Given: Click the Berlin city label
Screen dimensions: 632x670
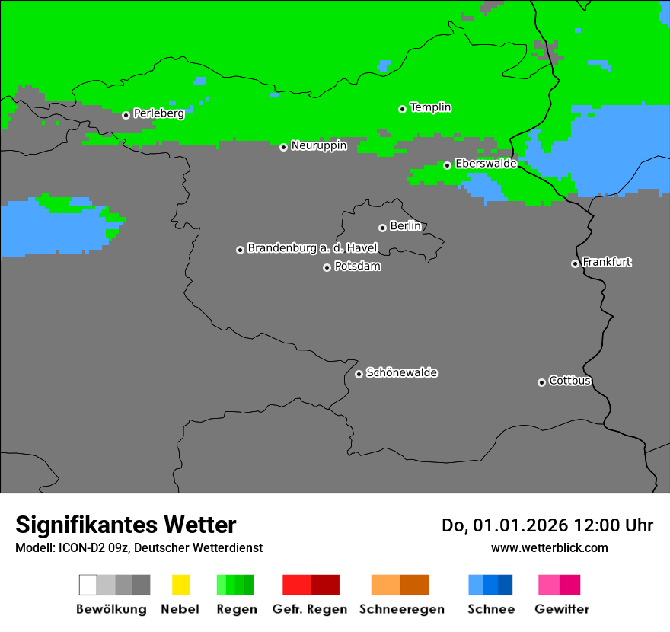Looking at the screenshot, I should pos(405,226).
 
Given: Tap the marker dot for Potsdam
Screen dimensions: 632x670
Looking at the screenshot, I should pos(327,267).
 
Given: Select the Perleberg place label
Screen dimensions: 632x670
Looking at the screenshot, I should pos(158,113).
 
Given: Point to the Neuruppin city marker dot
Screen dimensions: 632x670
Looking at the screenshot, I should pos(283,147).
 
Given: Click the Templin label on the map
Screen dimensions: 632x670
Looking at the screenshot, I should pos(430,107).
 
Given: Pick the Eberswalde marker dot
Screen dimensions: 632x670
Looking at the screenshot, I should pos(447,165).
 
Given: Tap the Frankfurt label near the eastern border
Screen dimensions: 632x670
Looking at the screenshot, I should pos(607,262).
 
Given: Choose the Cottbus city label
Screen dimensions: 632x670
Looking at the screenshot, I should pos(569,381).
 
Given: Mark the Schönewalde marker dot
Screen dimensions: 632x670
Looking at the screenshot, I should pos(359,374).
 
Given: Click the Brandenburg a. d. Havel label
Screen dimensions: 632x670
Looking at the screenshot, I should pos(312,248).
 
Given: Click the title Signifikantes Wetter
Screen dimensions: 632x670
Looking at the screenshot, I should pos(126,525).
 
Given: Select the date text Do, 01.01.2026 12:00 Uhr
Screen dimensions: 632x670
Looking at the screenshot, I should pos(547,525).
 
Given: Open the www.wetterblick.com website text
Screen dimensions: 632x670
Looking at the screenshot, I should pos(549,547).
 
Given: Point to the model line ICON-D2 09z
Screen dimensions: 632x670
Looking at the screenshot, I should pos(139,547).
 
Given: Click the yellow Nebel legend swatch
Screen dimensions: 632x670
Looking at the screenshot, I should pos(180,585).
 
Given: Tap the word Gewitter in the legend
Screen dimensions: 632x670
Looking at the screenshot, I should pos(561,609).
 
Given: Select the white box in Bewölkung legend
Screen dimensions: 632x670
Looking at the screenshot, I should pos(88,585).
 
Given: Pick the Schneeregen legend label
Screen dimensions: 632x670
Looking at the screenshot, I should pos(401,609).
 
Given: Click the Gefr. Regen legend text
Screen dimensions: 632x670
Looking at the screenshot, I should pos(309,609).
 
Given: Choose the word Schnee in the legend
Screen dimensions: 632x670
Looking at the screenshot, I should pos(490,609).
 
